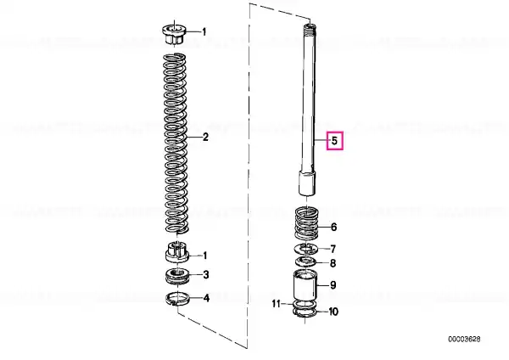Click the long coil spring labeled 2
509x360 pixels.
click(176, 143)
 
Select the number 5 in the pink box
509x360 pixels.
click(334, 141)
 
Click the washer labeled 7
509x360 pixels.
click(306, 249)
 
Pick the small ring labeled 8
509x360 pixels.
click(306, 262)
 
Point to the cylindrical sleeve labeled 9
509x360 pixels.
click(305, 285)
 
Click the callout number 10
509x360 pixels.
click(333, 312)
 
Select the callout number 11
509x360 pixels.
click(276, 304)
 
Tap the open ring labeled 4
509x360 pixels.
click(177, 299)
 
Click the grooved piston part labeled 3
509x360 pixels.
click(177, 276)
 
